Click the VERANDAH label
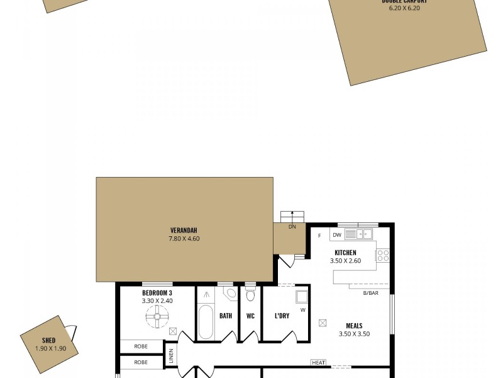point(184,230)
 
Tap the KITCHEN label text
point(345,253)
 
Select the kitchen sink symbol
point(363,234)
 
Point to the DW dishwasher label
point(336,236)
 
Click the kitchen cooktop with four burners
point(382,255)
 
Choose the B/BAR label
point(370,293)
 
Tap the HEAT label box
point(318,362)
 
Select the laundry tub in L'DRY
point(302,297)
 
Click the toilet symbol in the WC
point(250,295)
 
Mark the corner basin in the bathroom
point(229,294)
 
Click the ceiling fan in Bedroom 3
point(157,318)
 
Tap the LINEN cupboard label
point(170,355)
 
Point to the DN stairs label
point(292,227)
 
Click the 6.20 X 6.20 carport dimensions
point(404,9)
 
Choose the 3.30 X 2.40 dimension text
point(157,301)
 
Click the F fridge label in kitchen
point(319,236)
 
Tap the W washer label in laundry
point(302,309)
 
